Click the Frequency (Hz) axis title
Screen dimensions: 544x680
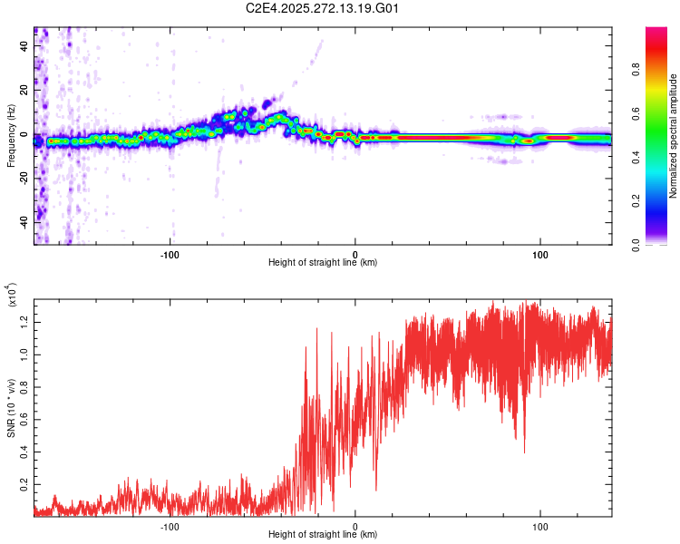(12, 136)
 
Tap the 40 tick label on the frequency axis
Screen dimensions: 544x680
(24, 47)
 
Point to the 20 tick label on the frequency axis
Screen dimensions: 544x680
(24, 91)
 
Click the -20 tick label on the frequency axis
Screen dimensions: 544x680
(24, 179)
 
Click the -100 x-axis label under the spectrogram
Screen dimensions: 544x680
(170, 253)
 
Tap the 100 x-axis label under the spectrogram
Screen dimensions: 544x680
(540, 253)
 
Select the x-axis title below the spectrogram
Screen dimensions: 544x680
(323, 263)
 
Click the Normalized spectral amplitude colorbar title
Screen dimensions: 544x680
(674, 136)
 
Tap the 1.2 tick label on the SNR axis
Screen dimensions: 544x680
(24, 320)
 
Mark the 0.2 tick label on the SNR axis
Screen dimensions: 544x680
(24, 487)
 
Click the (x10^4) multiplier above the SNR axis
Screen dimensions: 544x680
(13, 296)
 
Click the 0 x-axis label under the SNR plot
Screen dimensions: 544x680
(355, 526)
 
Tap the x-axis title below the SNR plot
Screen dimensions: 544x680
(323, 535)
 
